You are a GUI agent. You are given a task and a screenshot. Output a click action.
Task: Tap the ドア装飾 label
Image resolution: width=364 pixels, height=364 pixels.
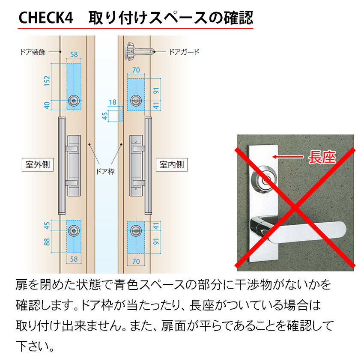coord(33,52)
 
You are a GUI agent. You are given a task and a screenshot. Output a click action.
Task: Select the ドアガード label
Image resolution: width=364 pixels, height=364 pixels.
coord(184,52)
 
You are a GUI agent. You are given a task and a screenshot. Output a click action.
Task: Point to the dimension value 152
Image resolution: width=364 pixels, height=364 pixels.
coord(47,81)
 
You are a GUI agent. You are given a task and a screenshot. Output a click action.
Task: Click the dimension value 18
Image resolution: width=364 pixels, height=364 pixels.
coord(113,102)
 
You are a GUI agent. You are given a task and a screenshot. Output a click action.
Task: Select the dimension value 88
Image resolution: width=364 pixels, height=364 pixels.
coord(47,242)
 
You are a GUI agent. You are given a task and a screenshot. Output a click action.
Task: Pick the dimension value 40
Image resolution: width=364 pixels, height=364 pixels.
coord(47,104)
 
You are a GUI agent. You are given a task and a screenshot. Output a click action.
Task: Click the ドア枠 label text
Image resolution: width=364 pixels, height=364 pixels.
coord(104,172)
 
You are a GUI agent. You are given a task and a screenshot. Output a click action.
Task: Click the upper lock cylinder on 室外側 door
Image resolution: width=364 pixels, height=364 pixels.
coord(75,100)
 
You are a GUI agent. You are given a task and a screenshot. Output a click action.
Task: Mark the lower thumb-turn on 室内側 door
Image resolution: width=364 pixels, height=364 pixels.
coord(136,230)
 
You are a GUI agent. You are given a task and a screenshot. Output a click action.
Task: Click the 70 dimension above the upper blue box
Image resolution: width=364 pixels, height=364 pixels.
coord(136,70)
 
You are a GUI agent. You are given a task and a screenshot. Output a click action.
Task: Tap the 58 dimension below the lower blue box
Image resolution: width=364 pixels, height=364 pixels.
coord(74,259)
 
